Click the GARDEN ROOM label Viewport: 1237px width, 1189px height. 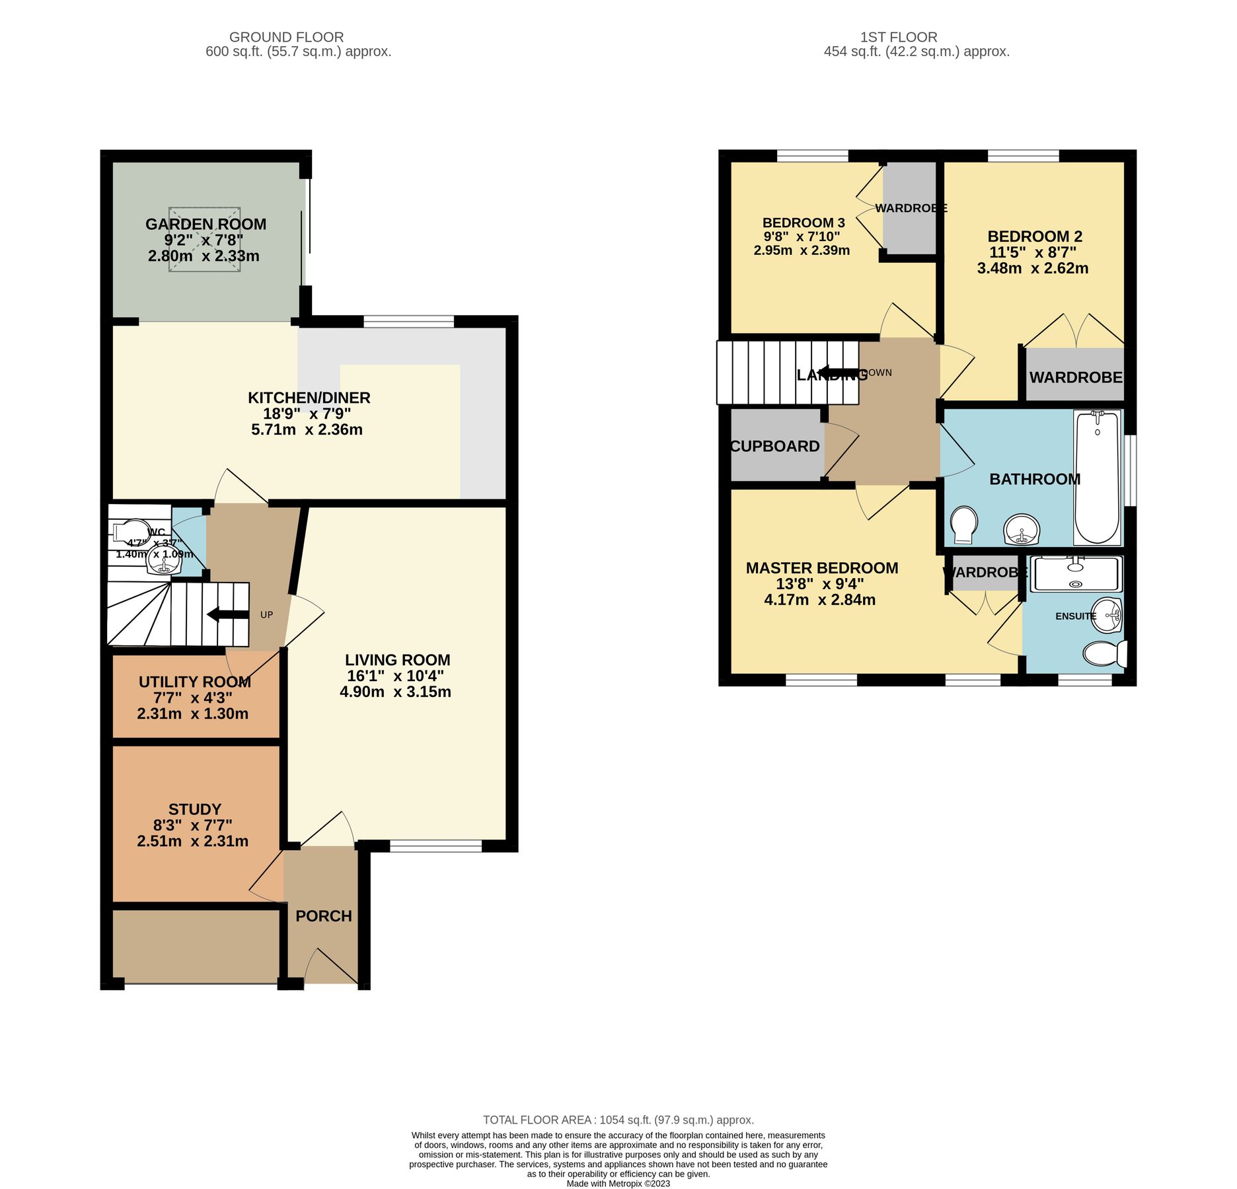point(206,225)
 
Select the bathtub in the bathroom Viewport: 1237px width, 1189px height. point(1097,477)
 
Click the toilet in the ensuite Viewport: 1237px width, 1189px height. point(1105,653)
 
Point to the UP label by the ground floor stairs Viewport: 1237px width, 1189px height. point(266,614)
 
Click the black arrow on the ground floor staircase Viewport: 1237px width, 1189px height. point(227,614)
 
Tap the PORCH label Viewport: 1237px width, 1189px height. point(323,916)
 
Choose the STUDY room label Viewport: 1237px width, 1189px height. point(194,809)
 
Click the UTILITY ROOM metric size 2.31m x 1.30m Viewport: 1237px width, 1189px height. point(192,713)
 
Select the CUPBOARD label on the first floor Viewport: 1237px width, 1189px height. point(774,447)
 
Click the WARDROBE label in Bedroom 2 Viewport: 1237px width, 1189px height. point(1075,377)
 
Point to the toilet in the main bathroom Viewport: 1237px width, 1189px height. point(964,525)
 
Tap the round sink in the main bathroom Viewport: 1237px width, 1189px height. point(1022,530)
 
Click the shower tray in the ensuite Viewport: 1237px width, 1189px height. point(1076,573)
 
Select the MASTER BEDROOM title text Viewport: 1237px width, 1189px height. point(821,568)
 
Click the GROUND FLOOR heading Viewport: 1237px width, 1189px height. point(286,37)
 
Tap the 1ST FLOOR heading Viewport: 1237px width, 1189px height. point(898,37)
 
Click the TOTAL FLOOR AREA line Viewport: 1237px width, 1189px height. point(618,1120)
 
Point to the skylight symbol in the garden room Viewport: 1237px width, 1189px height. point(204,238)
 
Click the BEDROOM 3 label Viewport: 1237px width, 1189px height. point(803,223)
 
